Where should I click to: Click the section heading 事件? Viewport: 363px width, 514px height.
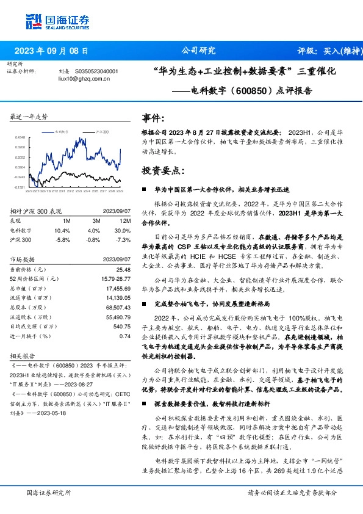click(x=153, y=118)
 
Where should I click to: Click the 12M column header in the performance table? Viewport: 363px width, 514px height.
click(x=126, y=220)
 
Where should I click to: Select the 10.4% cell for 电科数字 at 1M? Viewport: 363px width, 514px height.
click(x=63, y=231)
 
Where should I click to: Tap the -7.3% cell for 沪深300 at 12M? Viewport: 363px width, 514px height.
click(x=123, y=241)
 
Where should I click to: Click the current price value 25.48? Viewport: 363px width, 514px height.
click(x=124, y=269)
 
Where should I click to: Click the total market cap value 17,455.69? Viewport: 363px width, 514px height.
click(x=118, y=288)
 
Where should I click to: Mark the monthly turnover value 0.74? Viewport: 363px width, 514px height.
click(x=126, y=335)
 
